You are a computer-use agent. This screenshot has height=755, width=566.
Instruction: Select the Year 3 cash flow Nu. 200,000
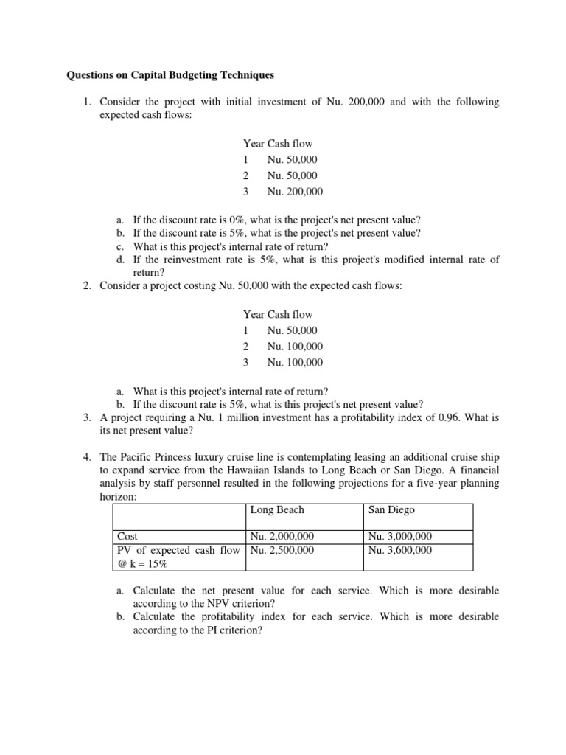[x=295, y=192]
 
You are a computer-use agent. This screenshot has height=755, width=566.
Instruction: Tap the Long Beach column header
[x=277, y=509]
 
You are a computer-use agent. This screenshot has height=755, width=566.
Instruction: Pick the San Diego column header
[x=391, y=509]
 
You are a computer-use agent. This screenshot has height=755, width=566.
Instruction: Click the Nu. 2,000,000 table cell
[x=282, y=537]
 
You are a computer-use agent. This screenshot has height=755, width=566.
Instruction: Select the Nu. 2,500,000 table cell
[x=282, y=550]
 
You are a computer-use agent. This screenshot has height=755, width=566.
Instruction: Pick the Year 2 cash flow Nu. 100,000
[x=295, y=347]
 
